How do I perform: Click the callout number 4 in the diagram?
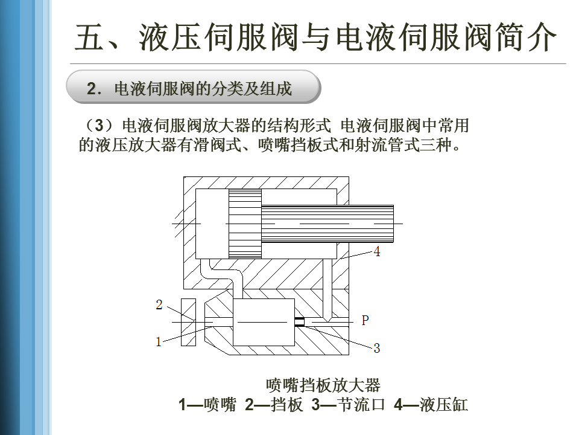tap(377, 252)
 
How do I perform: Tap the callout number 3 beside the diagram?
tap(377, 348)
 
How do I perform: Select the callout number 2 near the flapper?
tap(159, 304)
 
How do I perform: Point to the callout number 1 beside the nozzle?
tap(159, 342)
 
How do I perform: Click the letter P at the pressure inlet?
tap(365, 321)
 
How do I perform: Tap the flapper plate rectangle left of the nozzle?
tap(188, 323)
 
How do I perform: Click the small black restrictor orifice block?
tap(299, 322)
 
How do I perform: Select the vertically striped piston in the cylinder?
tap(244, 223)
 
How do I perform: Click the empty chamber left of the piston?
tap(211, 223)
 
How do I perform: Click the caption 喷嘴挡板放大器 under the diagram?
tap(323, 385)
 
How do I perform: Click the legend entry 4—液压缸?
tap(431, 405)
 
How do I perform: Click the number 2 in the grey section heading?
tap(92, 89)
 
